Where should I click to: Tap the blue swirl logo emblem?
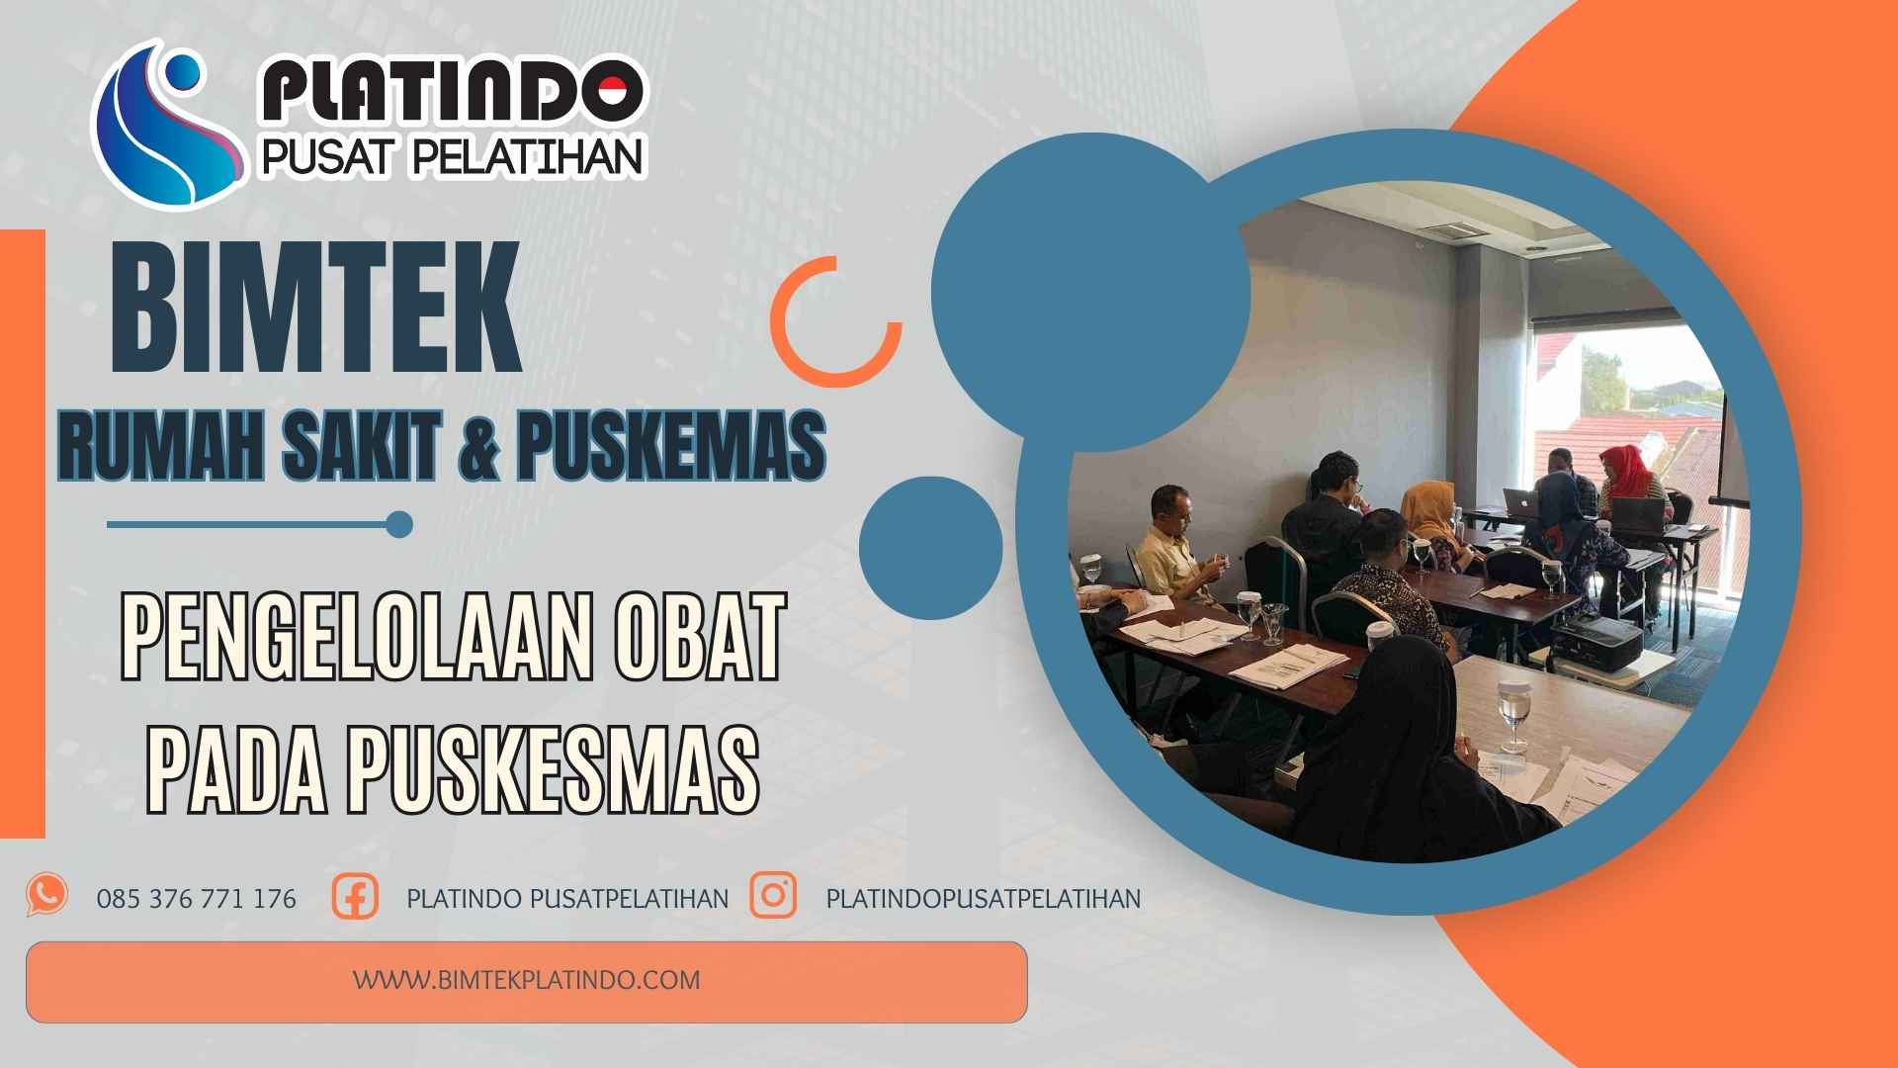pos(168,124)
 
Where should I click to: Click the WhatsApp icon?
pos(47,895)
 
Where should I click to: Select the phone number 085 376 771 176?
pos(197,899)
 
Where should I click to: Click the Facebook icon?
pos(355,897)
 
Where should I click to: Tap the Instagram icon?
pos(773,895)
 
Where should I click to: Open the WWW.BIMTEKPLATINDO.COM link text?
pos(527,980)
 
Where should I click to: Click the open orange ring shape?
pos(836,321)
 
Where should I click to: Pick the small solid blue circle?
pos(930,548)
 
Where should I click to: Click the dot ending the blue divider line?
pos(399,524)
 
